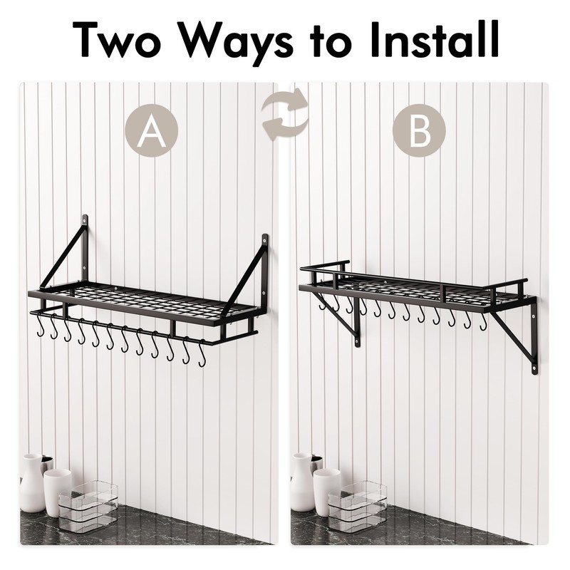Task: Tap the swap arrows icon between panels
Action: point(285,118)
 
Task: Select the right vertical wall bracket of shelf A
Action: point(265,274)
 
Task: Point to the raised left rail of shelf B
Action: point(325,267)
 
